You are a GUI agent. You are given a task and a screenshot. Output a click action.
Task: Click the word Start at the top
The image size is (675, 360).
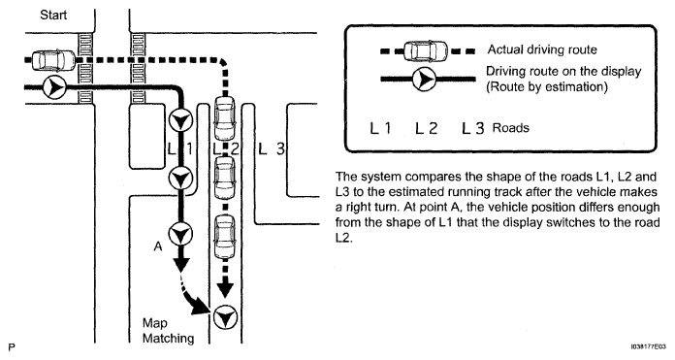point(53,16)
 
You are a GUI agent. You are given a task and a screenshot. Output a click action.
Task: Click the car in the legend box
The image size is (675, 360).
point(426,51)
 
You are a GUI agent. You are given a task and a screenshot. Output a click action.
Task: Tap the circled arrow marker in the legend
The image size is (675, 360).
point(424,79)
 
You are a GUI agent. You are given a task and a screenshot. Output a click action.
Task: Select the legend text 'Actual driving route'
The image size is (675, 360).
point(542,49)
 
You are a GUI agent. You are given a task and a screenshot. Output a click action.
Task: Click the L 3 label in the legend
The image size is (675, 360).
point(473,128)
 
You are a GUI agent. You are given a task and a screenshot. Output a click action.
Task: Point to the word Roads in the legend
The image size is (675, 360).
point(511,128)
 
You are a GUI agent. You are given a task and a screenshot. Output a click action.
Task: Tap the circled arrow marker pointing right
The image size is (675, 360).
point(53,87)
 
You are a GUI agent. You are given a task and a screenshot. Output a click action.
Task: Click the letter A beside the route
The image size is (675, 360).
point(158,246)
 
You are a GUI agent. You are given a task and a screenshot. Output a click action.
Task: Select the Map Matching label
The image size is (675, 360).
point(169,331)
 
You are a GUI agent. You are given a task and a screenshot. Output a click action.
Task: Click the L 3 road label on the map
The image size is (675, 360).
point(272,149)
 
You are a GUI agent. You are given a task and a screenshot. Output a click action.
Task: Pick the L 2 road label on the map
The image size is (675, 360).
point(226,149)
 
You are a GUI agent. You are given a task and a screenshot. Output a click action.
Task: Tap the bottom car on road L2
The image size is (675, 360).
point(225,237)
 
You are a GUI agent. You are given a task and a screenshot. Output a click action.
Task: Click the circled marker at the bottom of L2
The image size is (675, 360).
point(225,318)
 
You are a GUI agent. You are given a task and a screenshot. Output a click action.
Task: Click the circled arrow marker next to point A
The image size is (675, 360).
point(180,234)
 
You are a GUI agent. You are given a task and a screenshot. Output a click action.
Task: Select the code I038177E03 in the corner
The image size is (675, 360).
point(648,346)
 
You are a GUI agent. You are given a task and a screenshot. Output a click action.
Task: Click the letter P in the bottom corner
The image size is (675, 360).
point(12,347)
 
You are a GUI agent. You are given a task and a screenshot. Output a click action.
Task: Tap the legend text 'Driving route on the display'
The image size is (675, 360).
point(563,71)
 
